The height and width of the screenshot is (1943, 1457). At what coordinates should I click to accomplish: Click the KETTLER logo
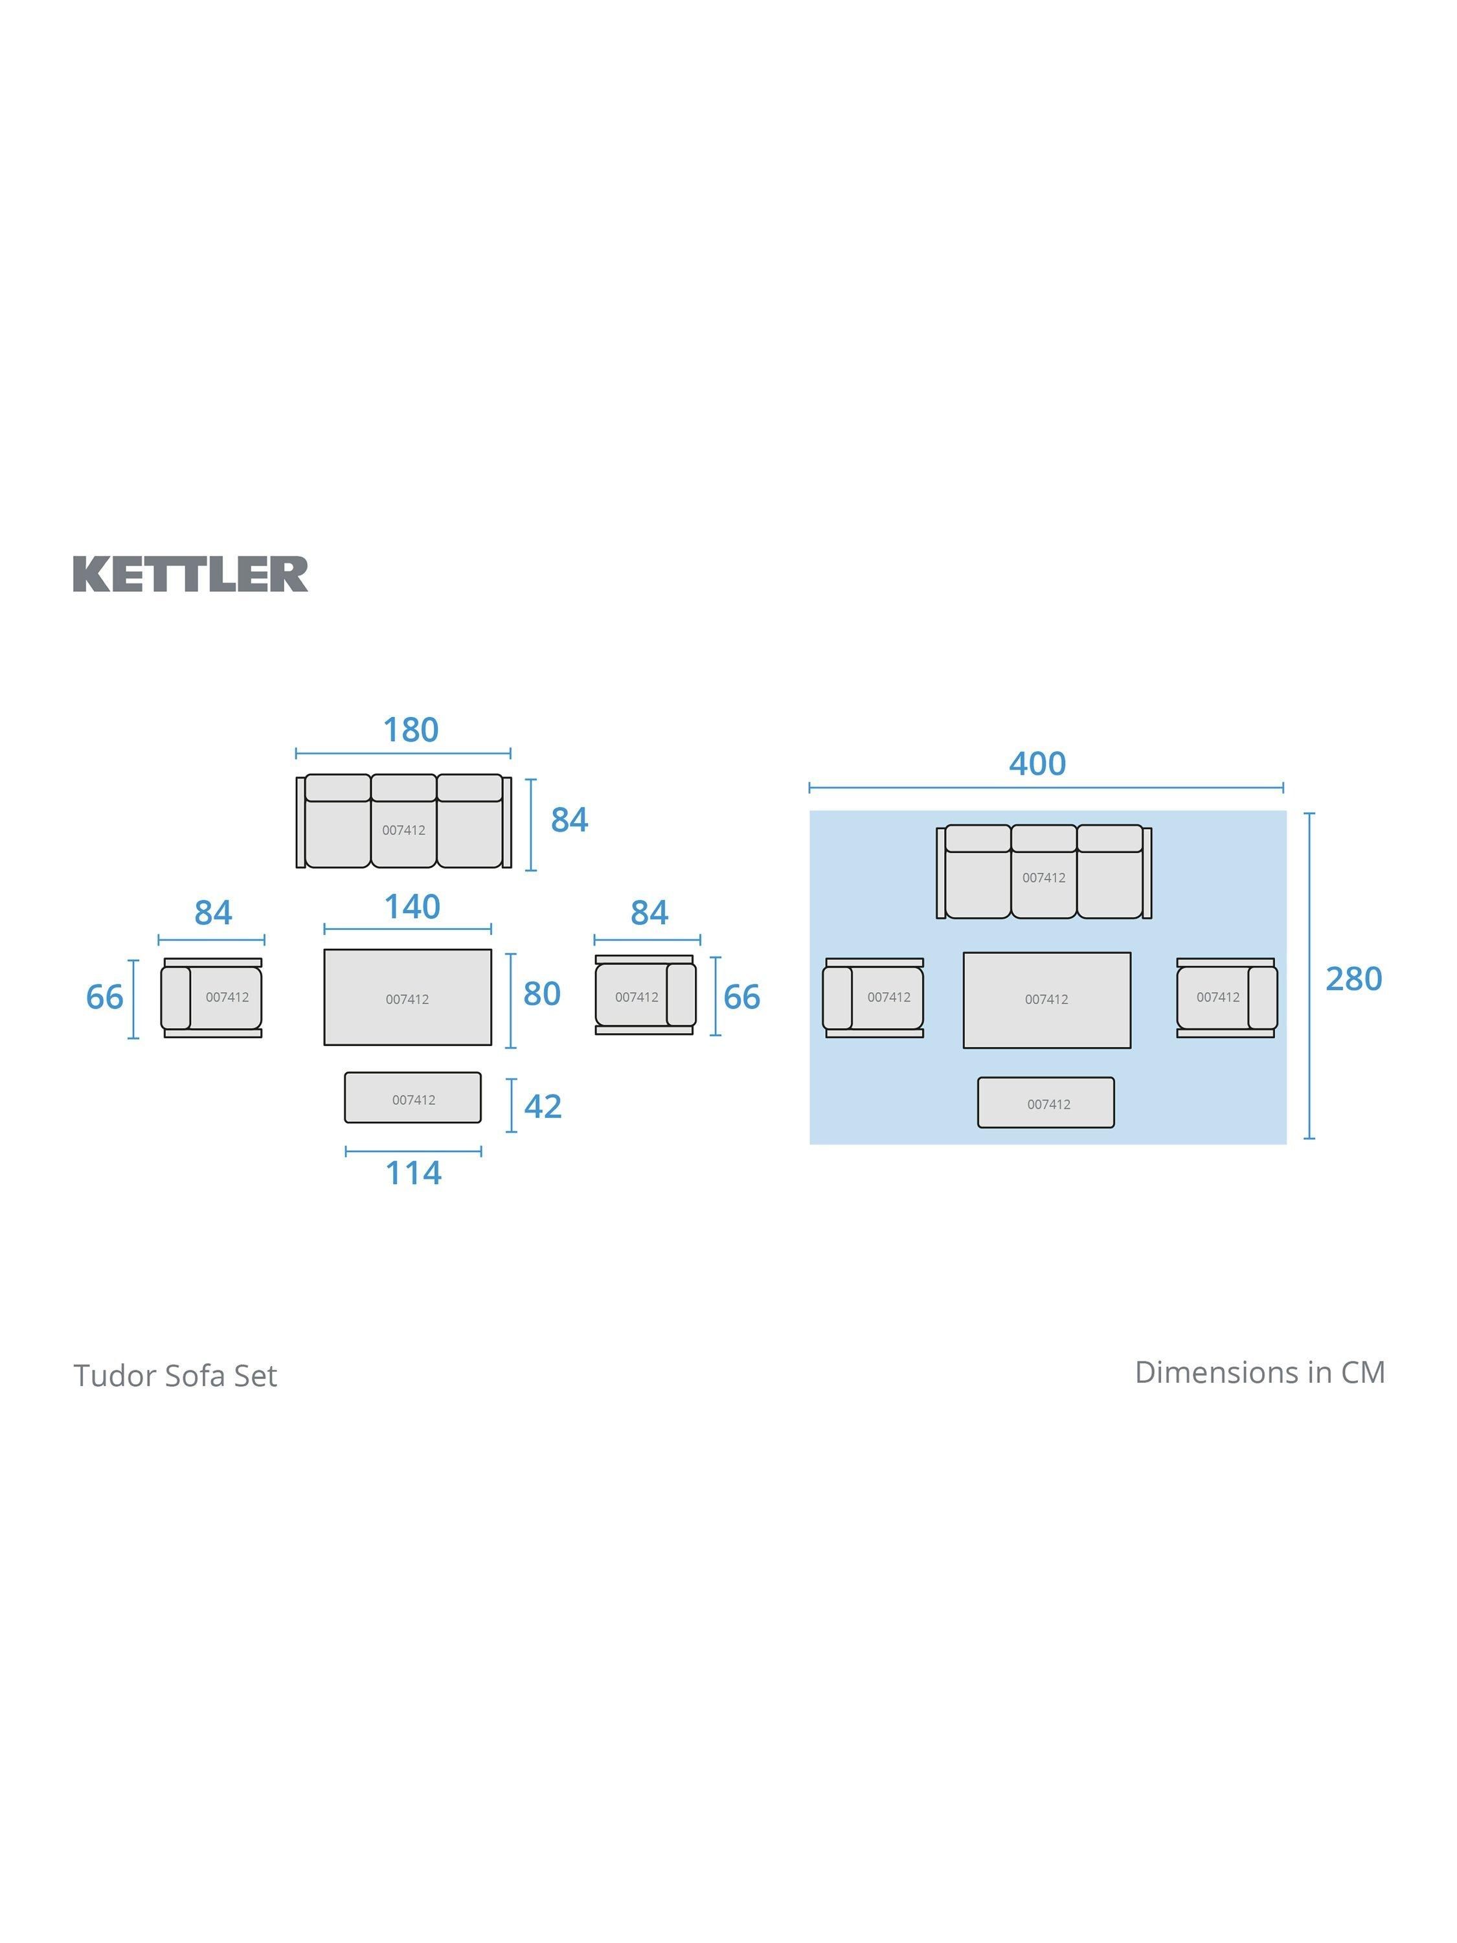tap(190, 574)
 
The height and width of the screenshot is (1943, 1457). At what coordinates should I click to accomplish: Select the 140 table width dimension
tap(412, 907)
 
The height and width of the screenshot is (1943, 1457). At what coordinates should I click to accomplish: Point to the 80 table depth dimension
tap(542, 994)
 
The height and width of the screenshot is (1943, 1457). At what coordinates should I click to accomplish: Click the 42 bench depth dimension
tap(543, 1106)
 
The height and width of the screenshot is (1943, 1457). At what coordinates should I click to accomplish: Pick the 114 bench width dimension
tap(414, 1174)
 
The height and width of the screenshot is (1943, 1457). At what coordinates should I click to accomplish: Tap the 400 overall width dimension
tap(1037, 764)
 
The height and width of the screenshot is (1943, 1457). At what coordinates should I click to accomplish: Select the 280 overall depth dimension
tap(1353, 979)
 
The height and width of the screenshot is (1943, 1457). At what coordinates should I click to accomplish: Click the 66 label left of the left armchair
tap(104, 997)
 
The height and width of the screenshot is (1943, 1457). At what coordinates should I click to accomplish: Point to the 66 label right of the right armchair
tap(741, 997)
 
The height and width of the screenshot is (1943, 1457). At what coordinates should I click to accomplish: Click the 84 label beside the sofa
tap(569, 819)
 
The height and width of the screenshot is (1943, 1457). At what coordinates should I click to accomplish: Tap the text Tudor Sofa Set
tap(175, 1376)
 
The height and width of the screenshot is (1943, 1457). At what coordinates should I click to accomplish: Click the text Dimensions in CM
tap(1259, 1372)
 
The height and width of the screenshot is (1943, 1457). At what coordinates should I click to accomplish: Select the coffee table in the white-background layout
tap(407, 997)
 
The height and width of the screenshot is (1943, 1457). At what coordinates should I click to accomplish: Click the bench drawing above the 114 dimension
tap(412, 1097)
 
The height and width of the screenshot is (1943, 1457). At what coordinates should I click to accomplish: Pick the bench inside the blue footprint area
tap(1046, 1102)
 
